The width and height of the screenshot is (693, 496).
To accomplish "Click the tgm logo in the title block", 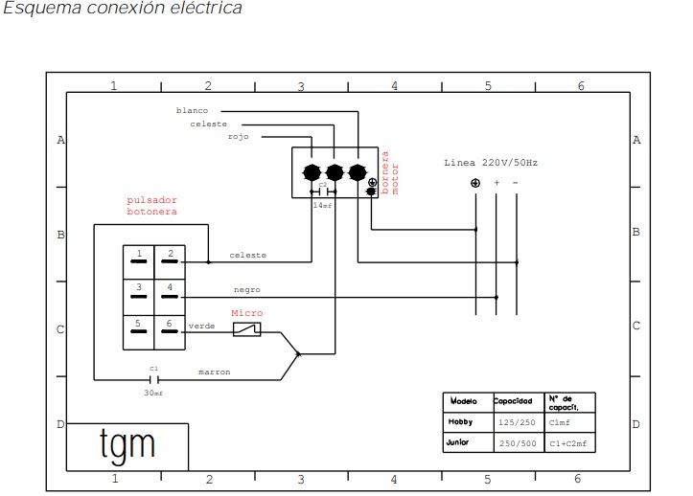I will (x=127, y=445).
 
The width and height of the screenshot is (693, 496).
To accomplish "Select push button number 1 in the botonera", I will (x=139, y=257).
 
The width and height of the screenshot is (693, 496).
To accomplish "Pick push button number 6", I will (x=171, y=327).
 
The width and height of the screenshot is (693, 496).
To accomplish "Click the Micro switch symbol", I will (x=247, y=329).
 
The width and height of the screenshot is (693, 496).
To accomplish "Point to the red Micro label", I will (x=247, y=313).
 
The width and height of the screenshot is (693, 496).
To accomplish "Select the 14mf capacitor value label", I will (x=322, y=205).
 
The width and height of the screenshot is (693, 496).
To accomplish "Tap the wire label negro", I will (x=246, y=289).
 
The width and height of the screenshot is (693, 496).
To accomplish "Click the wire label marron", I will (x=214, y=372).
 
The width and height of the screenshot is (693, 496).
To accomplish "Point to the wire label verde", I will (x=201, y=326).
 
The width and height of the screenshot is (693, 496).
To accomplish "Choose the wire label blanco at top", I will (x=192, y=110).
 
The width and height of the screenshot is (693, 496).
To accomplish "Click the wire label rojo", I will (x=239, y=137).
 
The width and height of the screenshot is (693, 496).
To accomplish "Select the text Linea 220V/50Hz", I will (x=491, y=163).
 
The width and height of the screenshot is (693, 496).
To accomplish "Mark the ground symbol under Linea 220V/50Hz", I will (x=475, y=183).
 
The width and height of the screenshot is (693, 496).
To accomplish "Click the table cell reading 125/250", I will (x=518, y=421).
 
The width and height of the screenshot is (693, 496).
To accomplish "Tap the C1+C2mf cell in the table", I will (x=567, y=444).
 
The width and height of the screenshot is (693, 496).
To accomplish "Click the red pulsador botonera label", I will (x=151, y=205).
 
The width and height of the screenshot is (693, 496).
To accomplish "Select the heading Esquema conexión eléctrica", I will (x=123, y=9).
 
